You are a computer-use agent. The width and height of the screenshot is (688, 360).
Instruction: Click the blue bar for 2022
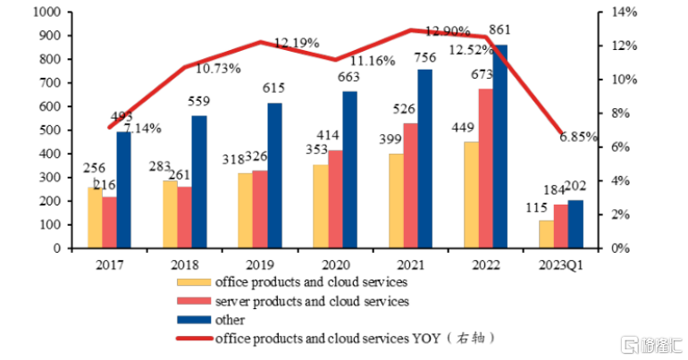tap(500, 147)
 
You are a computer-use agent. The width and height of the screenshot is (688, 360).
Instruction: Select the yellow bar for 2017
tap(95, 218)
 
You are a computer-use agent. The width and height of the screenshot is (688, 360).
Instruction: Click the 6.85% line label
tap(578, 138)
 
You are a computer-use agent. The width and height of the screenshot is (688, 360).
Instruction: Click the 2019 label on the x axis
tap(261, 265)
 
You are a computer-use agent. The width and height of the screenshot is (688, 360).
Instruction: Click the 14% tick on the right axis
tap(625, 13)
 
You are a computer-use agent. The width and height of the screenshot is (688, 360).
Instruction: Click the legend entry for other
tap(229, 319)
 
